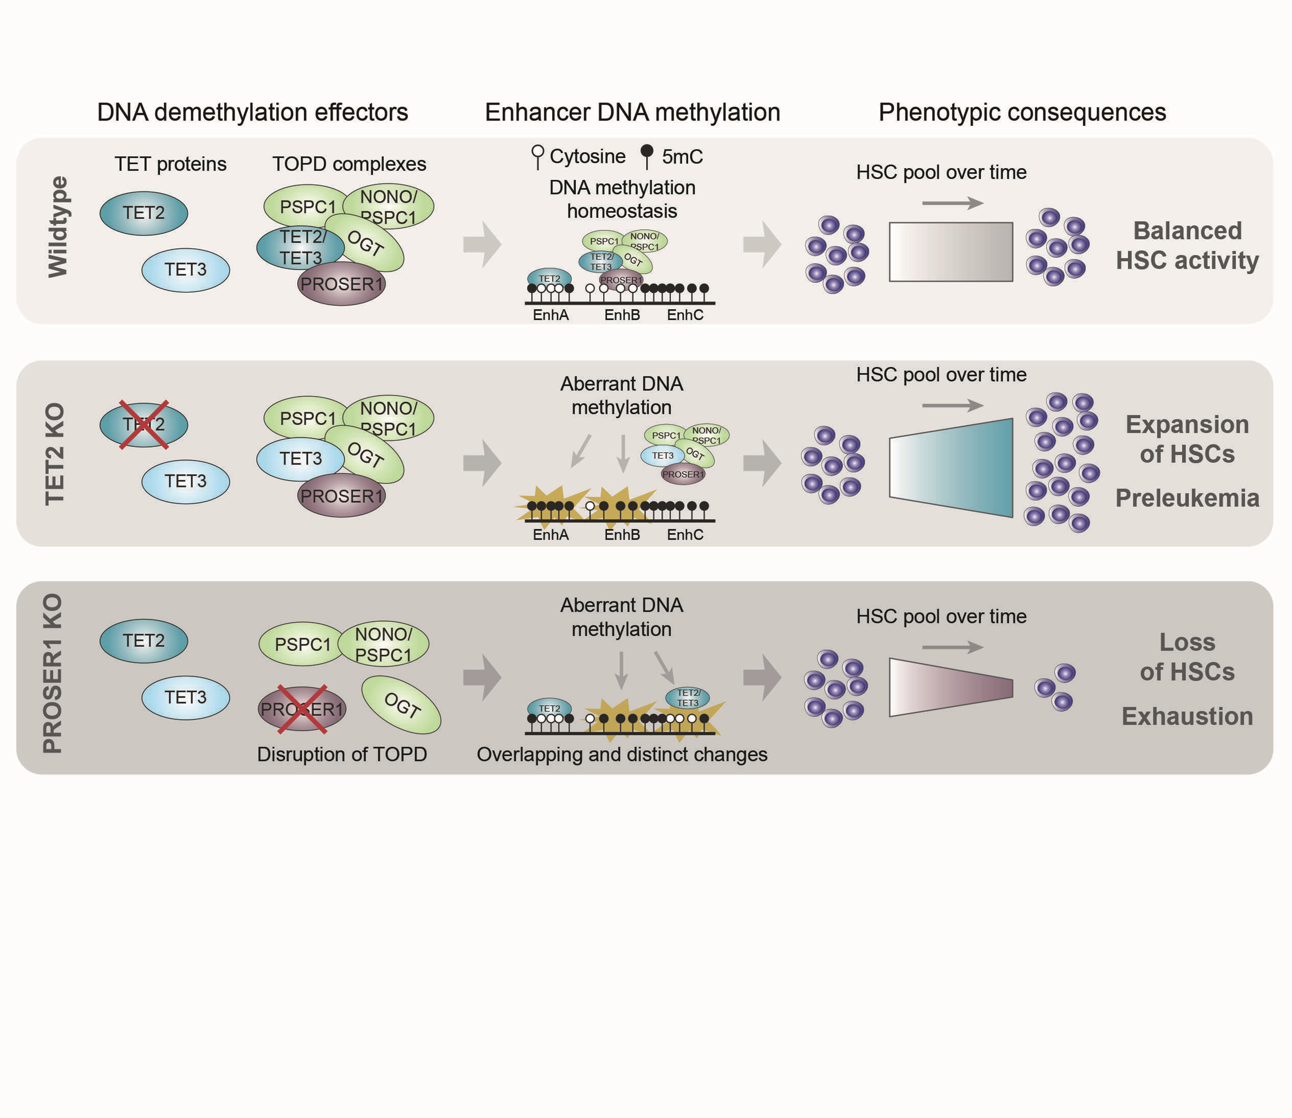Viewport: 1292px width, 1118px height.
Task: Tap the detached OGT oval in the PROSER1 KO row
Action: click(402, 705)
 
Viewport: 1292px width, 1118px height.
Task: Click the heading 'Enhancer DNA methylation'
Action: click(632, 112)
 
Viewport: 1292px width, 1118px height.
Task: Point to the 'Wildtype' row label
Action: click(58, 226)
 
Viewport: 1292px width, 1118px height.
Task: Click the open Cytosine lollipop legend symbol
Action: click(537, 156)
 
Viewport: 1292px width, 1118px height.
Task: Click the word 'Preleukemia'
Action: click(1187, 498)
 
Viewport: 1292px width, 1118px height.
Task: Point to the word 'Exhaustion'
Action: click(1187, 716)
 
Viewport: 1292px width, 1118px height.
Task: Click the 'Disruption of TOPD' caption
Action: click(342, 754)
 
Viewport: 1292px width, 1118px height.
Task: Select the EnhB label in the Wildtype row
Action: click(622, 315)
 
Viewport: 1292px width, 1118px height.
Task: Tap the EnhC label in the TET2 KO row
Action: click(684, 535)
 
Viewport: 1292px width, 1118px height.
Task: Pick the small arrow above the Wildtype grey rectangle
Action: click(952, 203)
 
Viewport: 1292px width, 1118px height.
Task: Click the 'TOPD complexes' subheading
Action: click(349, 164)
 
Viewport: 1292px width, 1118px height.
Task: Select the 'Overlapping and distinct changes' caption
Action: click(622, 754)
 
